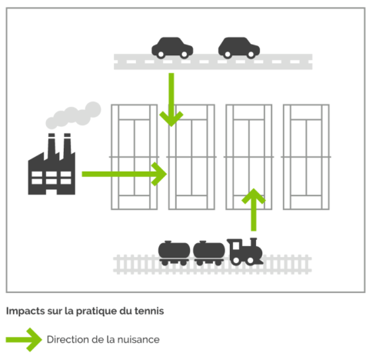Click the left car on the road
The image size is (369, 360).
click(x=172, y=48)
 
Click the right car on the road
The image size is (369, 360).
click(x=239, y=48)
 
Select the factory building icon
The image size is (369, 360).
click(x=52, y=164)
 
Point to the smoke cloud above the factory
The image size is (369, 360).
click(x=73, y=115)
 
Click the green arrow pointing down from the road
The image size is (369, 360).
click(x=171, y=100)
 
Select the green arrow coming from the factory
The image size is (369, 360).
click(x=125, y=174)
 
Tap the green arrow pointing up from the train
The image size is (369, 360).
click(x=254, y=210)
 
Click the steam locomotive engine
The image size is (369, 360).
click(x=245, y=252)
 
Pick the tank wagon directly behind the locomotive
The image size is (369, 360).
click(x=209, y=253)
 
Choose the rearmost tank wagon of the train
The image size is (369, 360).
click(x=175, y=253)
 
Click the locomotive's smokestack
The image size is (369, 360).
click(x=254, y=242)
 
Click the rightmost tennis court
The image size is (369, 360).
click(x=306, y=157)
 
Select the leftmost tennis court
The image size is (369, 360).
click(x=134, y=157)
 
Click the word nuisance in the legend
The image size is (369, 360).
click(x=138, y=339)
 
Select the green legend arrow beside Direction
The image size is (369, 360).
click(x=24, y=340)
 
